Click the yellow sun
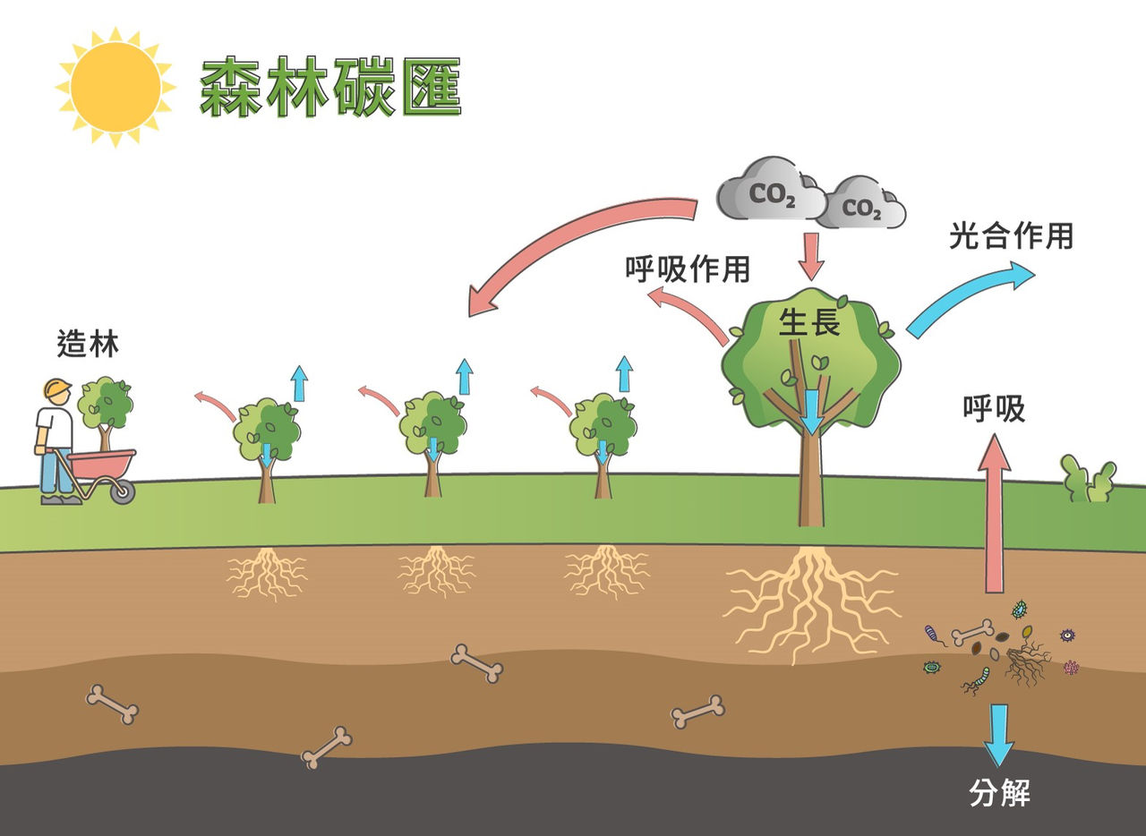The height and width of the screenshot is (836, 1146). pyautogui.click(x=115, y=87)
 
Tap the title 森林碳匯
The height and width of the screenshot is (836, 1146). pyautogui.click(x=330, y=87)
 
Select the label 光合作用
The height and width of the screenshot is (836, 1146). pyautogui.click(x=1011, y=236)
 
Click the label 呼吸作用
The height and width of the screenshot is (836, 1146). pyautogui.click(x=688, y=269)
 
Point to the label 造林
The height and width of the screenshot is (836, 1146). pyautogui.click(x=88, y=344)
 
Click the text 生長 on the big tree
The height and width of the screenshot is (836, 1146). pyautogui.click(x=809, y=323)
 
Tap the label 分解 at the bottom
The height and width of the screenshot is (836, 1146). pyautogui.click(x=999, y=793)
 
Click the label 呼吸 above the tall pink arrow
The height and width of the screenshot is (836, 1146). pyautogui.click(x=994, y=409)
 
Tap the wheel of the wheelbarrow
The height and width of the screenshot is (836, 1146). pyautogui.click(x=124, y=491)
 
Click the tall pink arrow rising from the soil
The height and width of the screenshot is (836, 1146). pyautogui.click(x=994, y=514)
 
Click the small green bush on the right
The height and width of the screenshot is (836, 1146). pyautogui.click(x=1089, y=479)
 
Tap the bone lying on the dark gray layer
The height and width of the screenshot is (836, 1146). pyautogui.click(x=327, y=747)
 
